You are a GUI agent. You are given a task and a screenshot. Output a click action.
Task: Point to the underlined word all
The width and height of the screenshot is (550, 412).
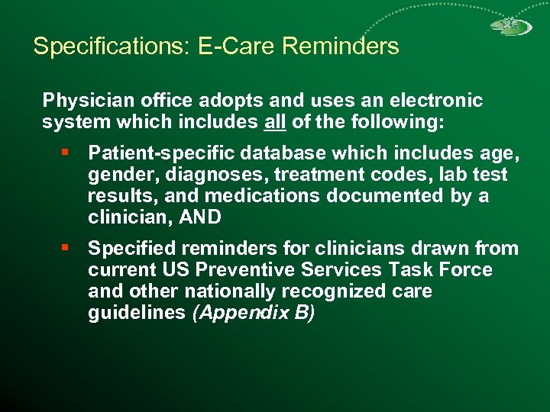pyautogui.click(x=276, y=122)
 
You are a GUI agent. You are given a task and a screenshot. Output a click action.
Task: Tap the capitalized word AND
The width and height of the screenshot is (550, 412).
pyautogui.click(x=199, y=218)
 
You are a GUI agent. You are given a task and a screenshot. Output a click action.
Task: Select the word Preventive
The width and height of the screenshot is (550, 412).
pyautogui.click(x=240, y=270)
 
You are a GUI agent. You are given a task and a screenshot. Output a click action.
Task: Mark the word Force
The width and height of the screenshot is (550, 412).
pyautogui.click(x=467, y=270)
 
